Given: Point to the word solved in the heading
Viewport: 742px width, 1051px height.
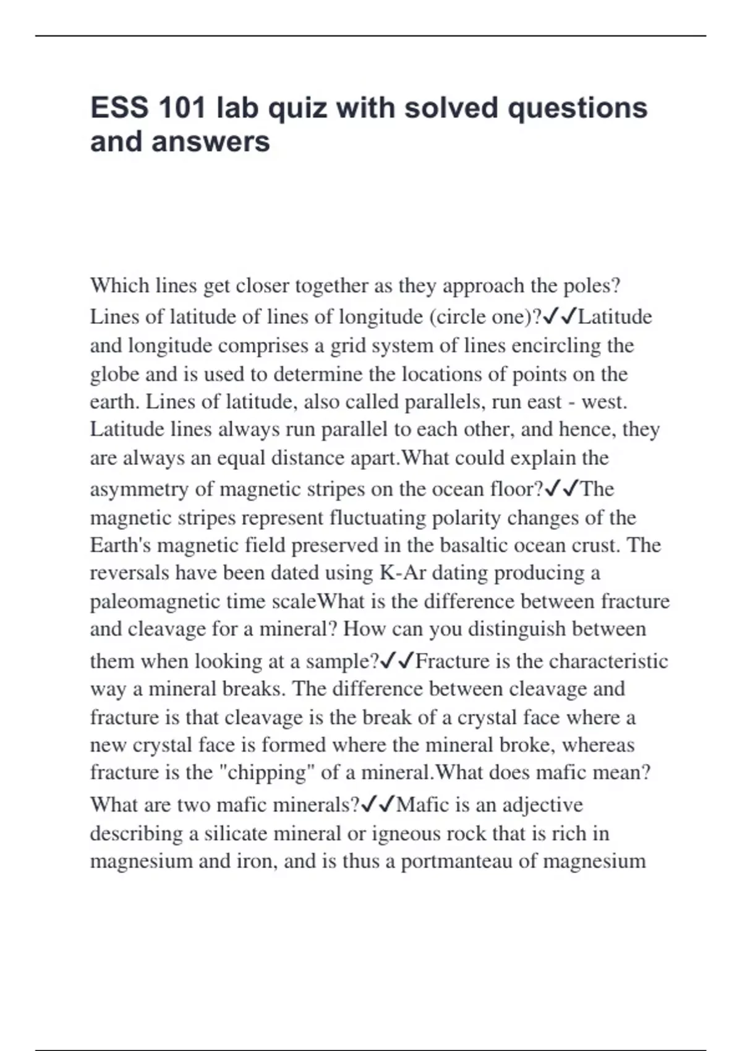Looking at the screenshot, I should (451, 108).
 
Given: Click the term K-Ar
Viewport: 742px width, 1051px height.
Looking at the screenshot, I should (403, 572).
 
